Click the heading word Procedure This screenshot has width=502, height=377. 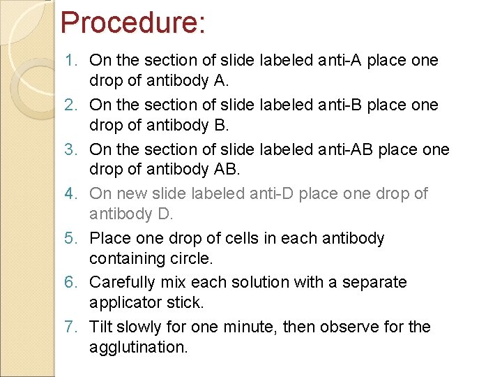132,22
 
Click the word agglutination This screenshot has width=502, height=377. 138,347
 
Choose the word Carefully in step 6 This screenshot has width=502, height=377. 123,283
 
